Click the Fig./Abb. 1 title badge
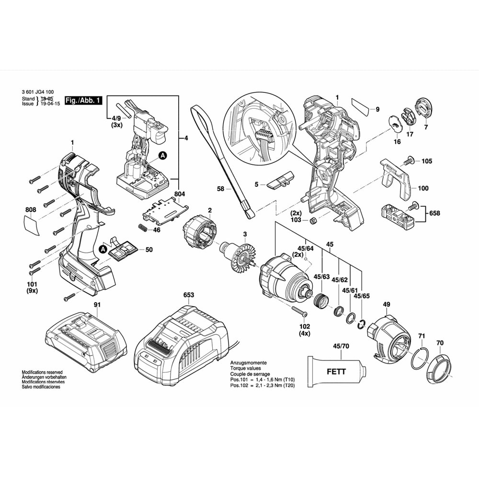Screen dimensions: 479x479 click(x=83, y=101)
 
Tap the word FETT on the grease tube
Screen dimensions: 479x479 click(x=336, y=371)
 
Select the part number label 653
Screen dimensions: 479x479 click(x=189, y=295)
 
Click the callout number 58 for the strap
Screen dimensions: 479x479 click(x=220, y=189)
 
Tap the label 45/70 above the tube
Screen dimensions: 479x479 click(x=341, y=345)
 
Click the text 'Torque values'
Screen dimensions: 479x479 click(x=246, y=368)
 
